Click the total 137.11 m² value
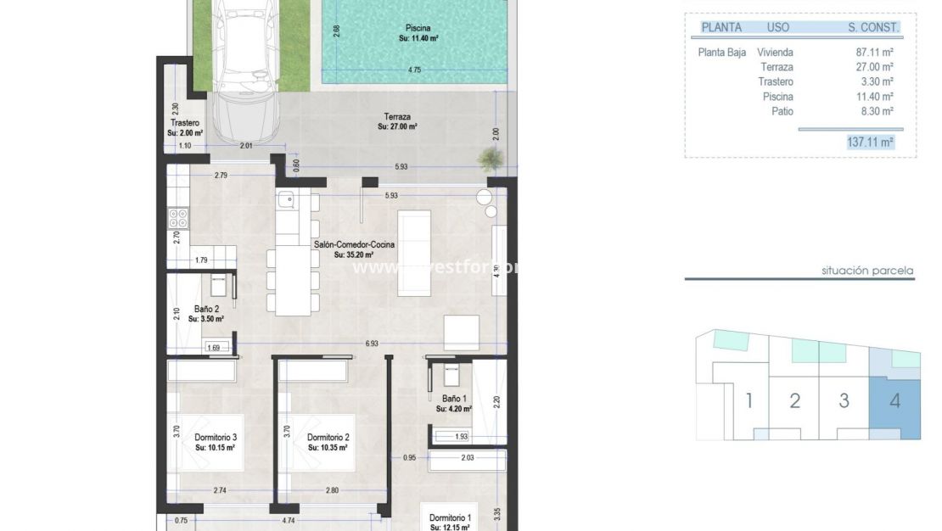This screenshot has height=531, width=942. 870,143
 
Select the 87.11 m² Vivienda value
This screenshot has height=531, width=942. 875,52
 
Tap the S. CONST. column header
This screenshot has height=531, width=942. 873,27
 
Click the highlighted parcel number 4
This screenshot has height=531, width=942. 894,400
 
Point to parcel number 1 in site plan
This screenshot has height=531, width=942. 749,400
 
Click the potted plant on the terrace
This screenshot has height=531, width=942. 489,158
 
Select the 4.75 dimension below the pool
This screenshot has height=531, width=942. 414,70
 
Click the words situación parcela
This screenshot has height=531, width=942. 867,271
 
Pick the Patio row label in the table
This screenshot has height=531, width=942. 782,111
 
